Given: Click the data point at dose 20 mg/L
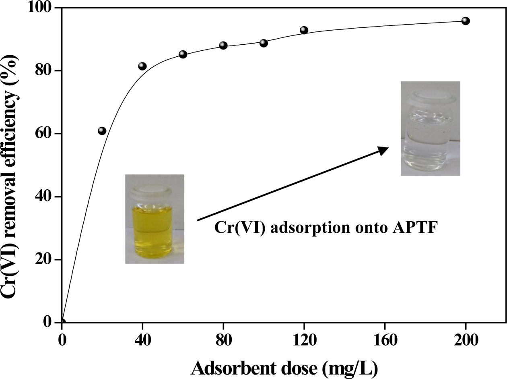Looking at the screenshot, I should [102, 130].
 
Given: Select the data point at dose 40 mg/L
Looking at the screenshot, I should [142, 66].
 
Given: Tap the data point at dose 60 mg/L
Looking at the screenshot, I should [183, 54].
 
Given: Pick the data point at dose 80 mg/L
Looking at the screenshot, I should [223, 45].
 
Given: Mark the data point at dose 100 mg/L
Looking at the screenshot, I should [264, 43].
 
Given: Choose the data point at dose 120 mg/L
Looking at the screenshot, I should [304, 30].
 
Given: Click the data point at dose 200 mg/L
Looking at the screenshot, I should [466, 21].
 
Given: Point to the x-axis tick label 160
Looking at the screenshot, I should [385, 340].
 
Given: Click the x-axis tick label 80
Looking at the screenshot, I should [223, 340].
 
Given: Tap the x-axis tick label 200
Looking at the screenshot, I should [466, 340].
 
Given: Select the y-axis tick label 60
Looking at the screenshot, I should [47, 134].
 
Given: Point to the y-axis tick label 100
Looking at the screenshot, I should [42, 8].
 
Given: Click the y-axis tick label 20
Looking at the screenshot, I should [47, 260].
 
